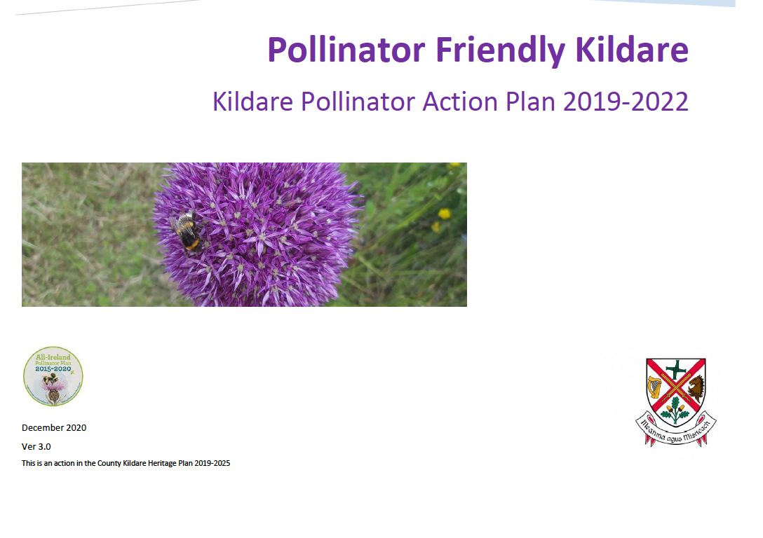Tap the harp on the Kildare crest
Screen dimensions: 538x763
(655, 387)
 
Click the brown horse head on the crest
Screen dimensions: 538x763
(696, 386)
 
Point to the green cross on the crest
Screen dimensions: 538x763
(676, 368)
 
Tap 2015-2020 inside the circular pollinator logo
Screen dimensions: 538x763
(53, 369)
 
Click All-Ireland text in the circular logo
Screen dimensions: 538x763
(53, 357)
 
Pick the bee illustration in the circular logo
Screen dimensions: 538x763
(50, 381)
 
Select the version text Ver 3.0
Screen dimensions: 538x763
(36, 446)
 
